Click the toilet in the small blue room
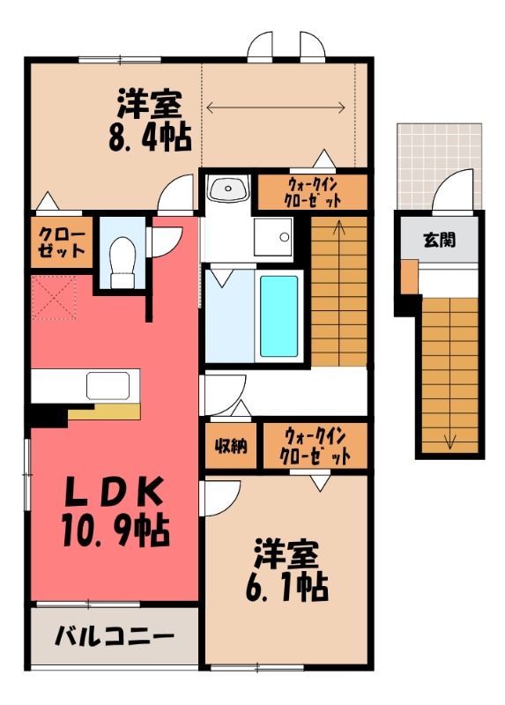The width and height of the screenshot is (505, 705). (123, 262)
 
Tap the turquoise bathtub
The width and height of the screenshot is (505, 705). (278, 315)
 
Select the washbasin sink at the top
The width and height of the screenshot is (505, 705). (228, 188)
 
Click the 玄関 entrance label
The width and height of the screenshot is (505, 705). (440, 240)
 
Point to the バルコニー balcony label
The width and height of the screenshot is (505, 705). (115, 635)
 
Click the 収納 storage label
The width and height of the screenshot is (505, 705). (231, 446)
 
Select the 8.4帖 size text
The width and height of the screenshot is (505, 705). (150, 137)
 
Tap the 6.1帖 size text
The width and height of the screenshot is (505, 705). (287, 587)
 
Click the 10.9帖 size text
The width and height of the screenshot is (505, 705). (115, 531)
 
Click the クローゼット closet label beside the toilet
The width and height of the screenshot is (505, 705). (62, 242)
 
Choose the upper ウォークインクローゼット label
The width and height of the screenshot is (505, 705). (313, 193)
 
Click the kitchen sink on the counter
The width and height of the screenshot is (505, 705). (108, 386)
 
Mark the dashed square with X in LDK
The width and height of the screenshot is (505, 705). (54, 298)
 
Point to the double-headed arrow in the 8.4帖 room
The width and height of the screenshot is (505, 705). (276, 108)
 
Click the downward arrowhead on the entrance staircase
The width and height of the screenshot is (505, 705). (449, 443)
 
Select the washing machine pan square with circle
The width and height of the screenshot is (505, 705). (273, 236)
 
